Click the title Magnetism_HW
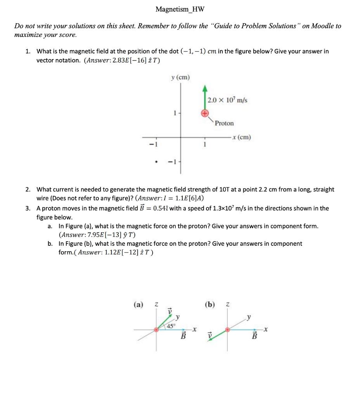(x=180, y=9)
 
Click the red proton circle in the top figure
(x=204, y=113)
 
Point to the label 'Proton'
(x=224, y=123)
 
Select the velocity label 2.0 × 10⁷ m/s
(x=227, y=100)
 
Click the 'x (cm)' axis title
(x=241, y=137)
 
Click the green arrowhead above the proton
(x=204, y=88)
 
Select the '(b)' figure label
(x=210, y=305)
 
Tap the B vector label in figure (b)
(x=255, y=336)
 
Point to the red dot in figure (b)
(x=228, y=330)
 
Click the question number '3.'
(x=28, y=208)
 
